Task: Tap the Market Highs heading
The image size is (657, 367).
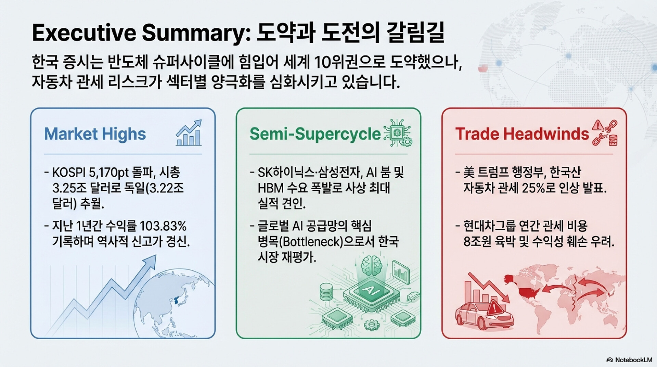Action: click(95, 134)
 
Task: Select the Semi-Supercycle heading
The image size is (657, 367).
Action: click(315, 134)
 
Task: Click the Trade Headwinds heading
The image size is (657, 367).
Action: click(522, 134)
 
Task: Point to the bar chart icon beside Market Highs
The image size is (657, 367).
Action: click(189, 133)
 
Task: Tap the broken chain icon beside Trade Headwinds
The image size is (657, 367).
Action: click(605, 133)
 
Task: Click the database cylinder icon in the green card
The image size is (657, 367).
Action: click(326, 292)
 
